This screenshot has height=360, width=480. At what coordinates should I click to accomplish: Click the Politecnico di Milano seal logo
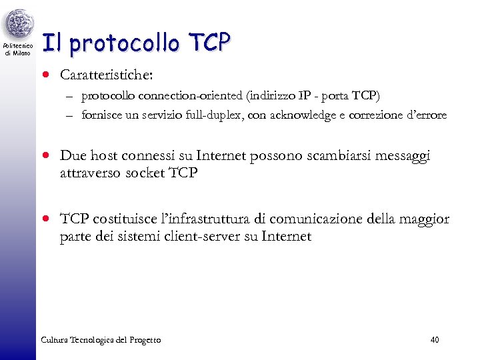pos(18,25)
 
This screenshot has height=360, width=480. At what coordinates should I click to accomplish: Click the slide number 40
pos(435,340)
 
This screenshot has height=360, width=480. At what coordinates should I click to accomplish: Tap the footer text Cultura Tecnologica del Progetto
pos(101,340)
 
